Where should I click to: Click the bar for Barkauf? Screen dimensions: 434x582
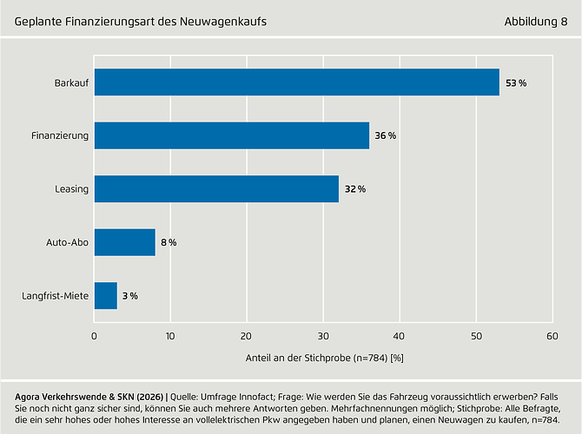[296, 82]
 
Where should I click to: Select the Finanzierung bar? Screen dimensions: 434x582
[231, 135]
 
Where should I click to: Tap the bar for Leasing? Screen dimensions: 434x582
[216, 189]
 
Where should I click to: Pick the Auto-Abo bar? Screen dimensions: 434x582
[124, 242]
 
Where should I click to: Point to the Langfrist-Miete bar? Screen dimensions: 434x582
[105, 296]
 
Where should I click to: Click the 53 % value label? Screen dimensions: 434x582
[516, 82]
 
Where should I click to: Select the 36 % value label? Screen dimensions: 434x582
[386, 136]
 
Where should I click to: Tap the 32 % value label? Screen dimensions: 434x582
[355, 189]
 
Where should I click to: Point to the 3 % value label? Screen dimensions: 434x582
[129, 296]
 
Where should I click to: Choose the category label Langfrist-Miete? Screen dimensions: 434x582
[54, 296]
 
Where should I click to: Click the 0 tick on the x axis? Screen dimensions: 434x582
[94, 335]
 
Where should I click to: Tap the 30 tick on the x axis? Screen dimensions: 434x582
[322, 335]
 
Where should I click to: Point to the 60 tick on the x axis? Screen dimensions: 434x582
[551, 335]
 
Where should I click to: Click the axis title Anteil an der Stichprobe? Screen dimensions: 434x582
[322, 358]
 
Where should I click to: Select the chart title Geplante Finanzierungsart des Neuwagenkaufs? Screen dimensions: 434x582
[141, 20]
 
